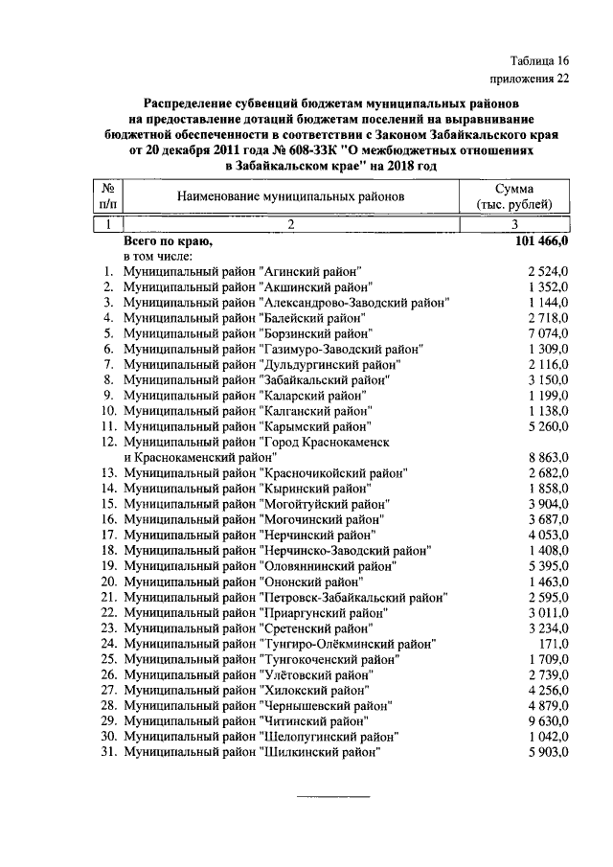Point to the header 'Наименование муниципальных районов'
click(290, 196)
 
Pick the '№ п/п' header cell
click(108, 196)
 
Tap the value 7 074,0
click(549, 333)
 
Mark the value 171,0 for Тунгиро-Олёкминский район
click(554, 644)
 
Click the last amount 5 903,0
click(549, 752)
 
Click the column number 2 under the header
click(290, 224)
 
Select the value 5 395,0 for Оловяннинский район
click(549, 566)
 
